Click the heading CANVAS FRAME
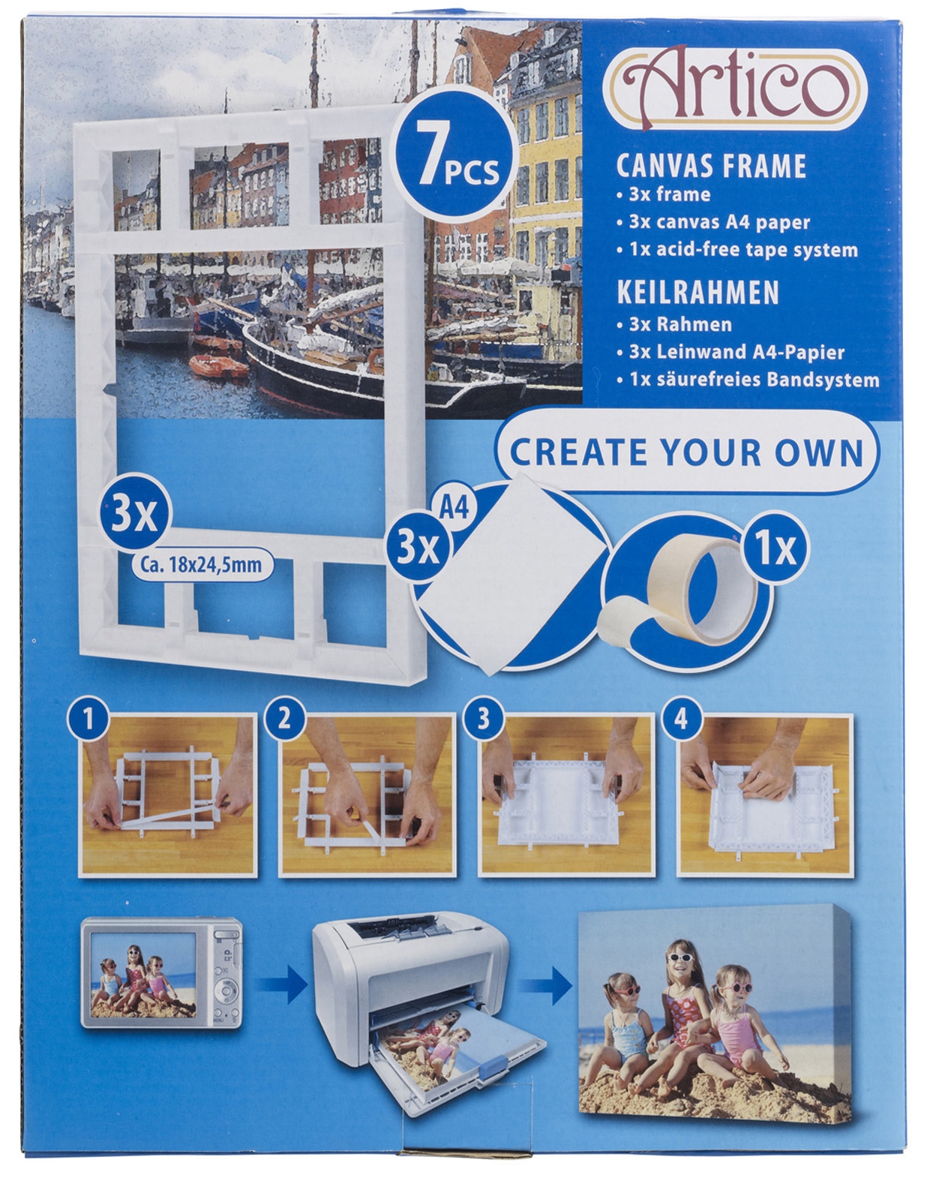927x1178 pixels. tap(711, 166)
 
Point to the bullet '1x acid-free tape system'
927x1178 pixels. tap(737, 250)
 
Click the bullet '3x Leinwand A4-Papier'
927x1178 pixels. tap(730, 352)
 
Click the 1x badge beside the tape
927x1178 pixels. tap(774, 549)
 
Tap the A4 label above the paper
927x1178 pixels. tap(454, 509)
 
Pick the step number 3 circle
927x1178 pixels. tap(482, 719)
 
